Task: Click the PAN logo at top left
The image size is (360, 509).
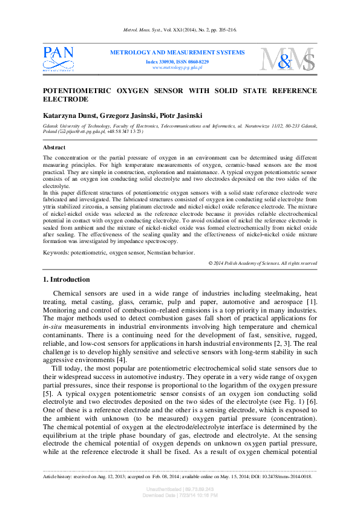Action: pos(58,59)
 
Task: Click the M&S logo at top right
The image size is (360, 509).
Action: pos(288,59)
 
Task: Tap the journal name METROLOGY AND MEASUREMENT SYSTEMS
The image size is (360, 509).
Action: pos(177,53)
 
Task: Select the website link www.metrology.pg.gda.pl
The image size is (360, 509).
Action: pos(177,68)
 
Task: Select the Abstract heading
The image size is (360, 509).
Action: pos(54,148)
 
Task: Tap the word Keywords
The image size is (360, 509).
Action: pos(56,251)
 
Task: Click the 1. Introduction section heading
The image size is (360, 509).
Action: pos(67,280)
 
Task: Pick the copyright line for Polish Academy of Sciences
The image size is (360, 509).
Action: pos(262,263)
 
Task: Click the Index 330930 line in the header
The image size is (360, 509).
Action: pos(177,62)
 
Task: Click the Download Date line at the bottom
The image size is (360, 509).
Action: pos(180,495)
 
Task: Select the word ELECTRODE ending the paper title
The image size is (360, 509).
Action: pos(66,99)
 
